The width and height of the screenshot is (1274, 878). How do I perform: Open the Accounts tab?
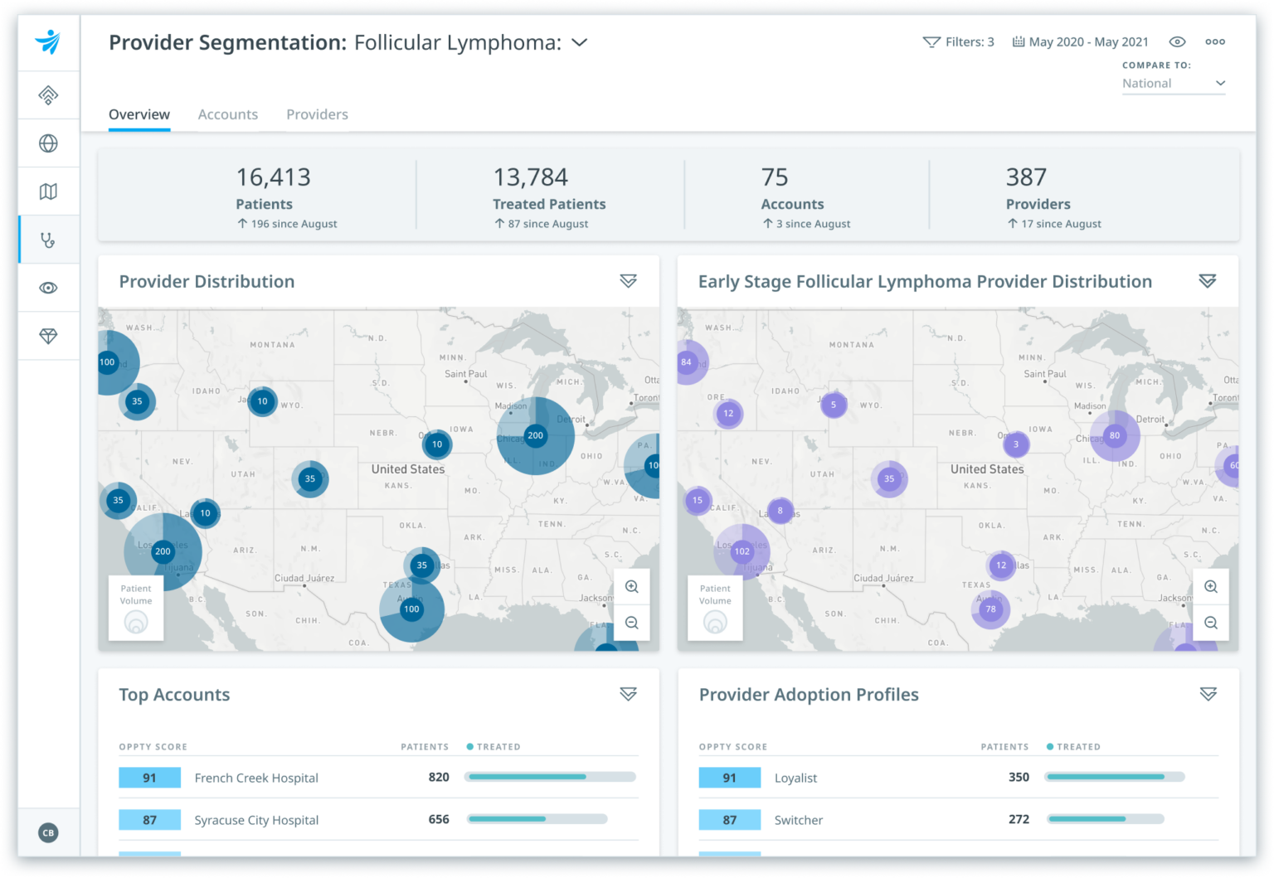click(227, 114)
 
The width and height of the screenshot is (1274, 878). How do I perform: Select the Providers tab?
click(317, 114)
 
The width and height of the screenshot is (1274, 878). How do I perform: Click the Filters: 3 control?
click(959, 42)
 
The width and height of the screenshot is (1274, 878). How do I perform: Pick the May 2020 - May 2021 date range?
click(1081, 42)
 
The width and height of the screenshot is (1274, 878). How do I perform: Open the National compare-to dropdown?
click(1173, 84)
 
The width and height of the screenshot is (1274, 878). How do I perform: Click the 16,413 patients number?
click(273, 177)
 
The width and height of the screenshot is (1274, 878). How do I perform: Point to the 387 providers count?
click(1026, 177)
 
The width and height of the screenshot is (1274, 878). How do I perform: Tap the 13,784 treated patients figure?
click(530, 177)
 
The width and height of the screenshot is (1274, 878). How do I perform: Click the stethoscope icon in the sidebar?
click(48, 240)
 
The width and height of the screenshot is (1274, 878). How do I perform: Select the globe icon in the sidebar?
click(48, 143)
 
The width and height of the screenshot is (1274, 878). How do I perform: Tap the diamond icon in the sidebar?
click(48, 336)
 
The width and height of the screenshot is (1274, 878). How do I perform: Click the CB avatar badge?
click(48, 832)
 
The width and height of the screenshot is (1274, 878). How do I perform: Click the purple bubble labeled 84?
click(687, 361)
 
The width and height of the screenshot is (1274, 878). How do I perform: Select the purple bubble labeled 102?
click(742, 551)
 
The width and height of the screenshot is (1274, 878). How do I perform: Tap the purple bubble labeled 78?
click(990, 609)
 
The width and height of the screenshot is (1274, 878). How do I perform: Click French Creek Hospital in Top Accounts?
click(255, 778)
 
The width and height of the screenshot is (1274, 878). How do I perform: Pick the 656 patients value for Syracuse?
click(439, 819)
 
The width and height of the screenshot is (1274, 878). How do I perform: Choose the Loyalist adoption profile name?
click(795, 778)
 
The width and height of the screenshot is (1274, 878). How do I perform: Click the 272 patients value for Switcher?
click(1019, 819)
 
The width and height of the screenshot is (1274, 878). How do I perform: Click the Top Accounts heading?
click(174, 695)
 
